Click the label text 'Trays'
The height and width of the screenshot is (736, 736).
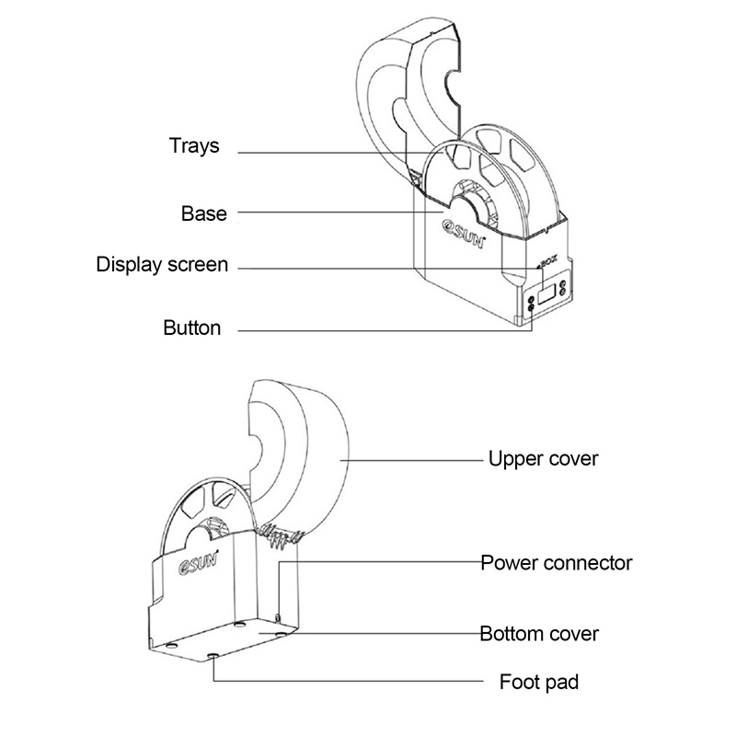click(x=194, y=145)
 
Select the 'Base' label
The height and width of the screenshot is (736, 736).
click(x=203, y=213)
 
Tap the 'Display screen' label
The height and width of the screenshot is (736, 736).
click(x=162, y=265)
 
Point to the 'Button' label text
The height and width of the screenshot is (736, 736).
click(x=191, y=328)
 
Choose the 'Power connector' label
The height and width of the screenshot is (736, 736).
click(x=557, y=561)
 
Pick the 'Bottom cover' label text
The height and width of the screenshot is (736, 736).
click(x=539, y=634)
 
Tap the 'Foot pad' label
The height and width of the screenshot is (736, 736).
click(x=539, y=683)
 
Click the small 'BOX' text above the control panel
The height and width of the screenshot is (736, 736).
click(x=550, y=264)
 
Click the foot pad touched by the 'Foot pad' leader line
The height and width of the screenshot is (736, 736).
click(x=214, y=656)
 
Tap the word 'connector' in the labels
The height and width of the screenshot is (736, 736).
click(x=589, y=561)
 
